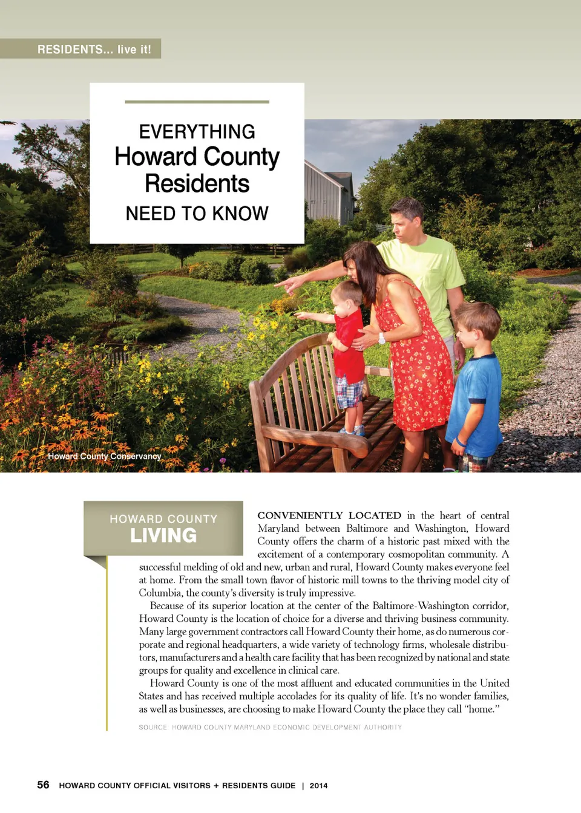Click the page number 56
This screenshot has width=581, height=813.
(43, 785)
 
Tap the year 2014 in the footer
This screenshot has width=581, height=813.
(318, 786)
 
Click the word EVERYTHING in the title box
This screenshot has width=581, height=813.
(197, 131)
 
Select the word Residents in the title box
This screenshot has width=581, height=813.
(197, 183)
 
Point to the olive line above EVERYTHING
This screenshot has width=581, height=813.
(197, 102)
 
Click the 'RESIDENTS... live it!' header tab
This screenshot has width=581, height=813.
(94, 49)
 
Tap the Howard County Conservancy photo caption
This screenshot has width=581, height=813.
(104, 456)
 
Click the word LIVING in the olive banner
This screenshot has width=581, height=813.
(163, 535)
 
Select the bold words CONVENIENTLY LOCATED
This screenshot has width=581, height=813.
(329, 515)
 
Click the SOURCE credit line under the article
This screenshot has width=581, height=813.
(270, 727)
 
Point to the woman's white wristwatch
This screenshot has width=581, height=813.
(382, 338)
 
